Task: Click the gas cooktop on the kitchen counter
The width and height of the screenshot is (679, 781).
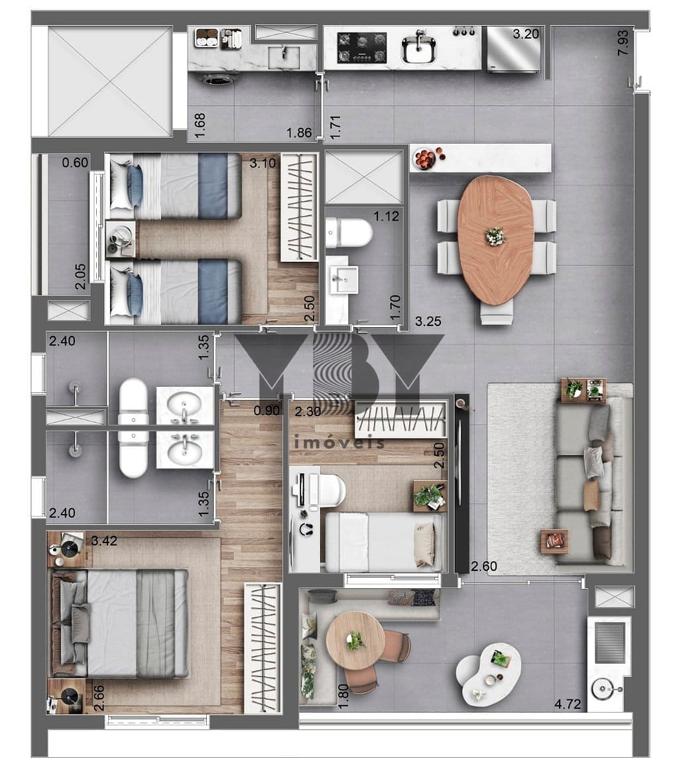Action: tap(361, 47)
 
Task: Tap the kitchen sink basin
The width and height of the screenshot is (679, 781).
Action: tap(419, 50)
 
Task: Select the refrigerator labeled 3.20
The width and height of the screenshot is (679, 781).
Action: tap(513, 49)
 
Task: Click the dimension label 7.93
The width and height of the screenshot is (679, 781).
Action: tap(623, 43)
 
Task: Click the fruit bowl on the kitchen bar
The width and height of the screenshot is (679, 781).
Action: tap(425, 159)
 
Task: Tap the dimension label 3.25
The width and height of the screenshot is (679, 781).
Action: tap(428, 321)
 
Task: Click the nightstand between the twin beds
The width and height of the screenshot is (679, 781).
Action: tap(121, 239)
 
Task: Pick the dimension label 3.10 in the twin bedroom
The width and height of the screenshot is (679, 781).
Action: tap(263, 163)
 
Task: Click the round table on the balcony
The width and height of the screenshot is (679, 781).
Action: tap(355, 641)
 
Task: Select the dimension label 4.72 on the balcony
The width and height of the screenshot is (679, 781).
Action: tap(568, 703)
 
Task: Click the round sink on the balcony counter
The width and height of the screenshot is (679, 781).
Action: tap(603, 690)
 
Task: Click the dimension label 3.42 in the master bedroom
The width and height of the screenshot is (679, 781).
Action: tap(104, 541)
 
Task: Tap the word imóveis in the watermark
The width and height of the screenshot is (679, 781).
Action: tap(339, 442)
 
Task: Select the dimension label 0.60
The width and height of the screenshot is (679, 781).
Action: tap(76, 163)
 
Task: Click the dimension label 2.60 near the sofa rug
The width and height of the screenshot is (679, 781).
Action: tap(484, 566)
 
